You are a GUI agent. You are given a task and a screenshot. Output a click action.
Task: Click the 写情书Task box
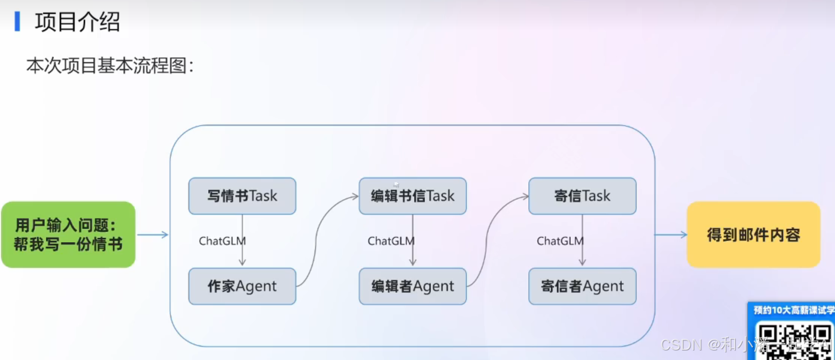[x=242, y=196]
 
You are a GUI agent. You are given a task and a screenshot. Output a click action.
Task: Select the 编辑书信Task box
[x=412, y=196]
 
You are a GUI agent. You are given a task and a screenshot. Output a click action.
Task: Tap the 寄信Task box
[x=582, y=196]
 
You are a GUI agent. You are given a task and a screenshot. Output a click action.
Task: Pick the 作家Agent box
[x=242, y=286]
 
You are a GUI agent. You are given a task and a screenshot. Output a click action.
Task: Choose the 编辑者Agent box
[x=412, y=286]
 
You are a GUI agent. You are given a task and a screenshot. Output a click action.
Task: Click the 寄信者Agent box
[x=582, y=286]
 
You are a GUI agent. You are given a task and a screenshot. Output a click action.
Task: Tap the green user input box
[x=68, y=235]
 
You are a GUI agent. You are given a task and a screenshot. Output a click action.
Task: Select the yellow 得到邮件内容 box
[x=753, y=235]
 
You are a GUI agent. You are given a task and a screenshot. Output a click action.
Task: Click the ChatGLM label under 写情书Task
[x=222, y=241]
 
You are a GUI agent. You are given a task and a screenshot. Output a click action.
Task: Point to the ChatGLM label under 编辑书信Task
[x=391, y=241]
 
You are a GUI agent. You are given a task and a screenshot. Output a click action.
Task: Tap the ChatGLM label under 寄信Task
[x=560, y=241]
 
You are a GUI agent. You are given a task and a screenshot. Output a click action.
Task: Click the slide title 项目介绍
[x=77, y=22]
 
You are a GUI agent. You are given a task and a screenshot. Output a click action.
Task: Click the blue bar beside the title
[x=18, y=22]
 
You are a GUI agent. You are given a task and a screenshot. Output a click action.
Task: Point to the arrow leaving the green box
[x=152, y=235]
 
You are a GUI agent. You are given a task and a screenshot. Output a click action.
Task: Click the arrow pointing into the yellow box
[x=671, y=235]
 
